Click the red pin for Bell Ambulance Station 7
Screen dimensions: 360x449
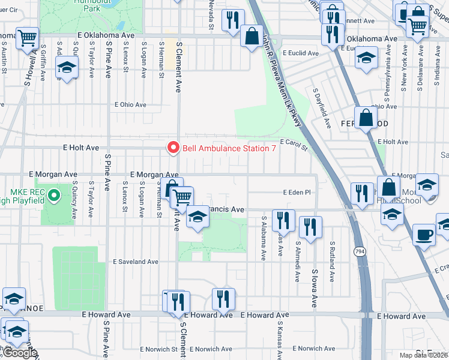tap(173, 148)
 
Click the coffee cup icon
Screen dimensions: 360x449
tap(425, 235)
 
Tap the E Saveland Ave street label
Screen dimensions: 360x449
tap(136, 262)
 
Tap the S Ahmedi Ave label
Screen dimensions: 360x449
tap(298, 262)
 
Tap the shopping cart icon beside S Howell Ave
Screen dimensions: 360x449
tap(27, 38)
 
